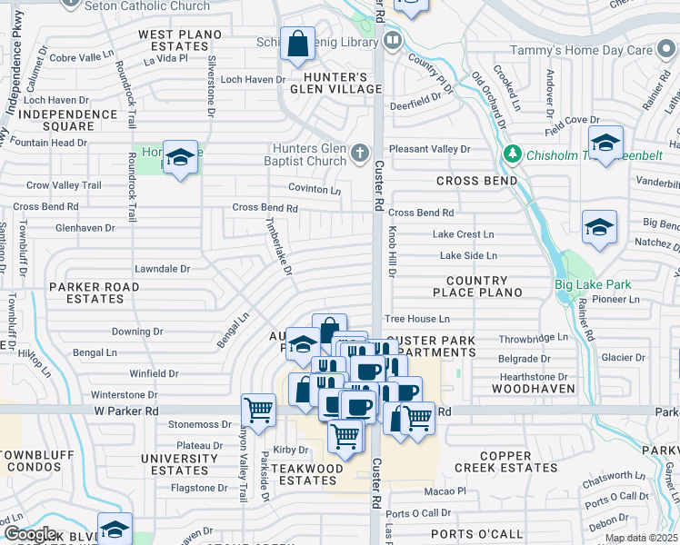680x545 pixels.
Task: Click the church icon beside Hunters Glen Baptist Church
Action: tap(361, 151)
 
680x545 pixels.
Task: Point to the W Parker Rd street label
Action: tap(125, 411)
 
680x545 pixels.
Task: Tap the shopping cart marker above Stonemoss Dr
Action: tap(259, 410)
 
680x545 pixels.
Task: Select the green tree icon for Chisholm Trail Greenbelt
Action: tap(514, 154)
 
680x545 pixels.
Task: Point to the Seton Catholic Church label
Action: tap(146, 6)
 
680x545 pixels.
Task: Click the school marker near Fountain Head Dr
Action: tap(180, 158)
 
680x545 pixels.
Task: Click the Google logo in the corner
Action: tap(29, 534)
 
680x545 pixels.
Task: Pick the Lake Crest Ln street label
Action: tap(464, 234)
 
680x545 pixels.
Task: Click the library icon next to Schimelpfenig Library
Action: tap(393, 40)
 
